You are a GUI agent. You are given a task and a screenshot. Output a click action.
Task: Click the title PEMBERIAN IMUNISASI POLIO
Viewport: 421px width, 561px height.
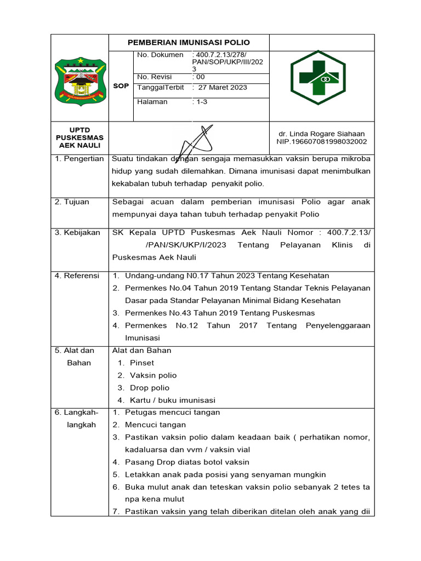[189, 42]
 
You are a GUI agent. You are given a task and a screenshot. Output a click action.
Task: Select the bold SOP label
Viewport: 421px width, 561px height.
[121, 86]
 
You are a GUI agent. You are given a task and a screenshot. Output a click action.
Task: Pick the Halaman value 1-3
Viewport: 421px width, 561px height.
[200, 102]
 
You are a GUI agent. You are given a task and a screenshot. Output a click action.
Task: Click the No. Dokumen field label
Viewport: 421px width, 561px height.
[160, 55]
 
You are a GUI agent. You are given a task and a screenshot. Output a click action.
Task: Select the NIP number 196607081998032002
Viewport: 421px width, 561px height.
[322, 142]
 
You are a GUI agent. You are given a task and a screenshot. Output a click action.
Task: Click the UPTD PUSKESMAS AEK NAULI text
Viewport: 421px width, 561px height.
[79, 138]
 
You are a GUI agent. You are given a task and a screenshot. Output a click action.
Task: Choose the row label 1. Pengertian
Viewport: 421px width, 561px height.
[79, 159]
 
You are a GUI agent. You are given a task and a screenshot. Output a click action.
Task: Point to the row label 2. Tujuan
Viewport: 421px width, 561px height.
[73, 202]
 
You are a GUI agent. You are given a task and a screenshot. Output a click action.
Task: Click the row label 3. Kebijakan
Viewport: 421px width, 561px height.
[77, 232]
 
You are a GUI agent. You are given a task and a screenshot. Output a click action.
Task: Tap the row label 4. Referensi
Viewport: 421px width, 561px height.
[77, 276]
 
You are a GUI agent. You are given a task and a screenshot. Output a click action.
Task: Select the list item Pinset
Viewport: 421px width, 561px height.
[142, 363]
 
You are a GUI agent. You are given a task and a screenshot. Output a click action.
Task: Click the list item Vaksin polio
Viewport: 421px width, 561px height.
[153, 375]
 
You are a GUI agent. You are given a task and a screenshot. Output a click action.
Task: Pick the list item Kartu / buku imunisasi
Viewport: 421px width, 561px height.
[173, 400]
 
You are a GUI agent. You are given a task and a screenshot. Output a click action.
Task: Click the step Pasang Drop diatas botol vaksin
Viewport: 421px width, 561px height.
[187, 462]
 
